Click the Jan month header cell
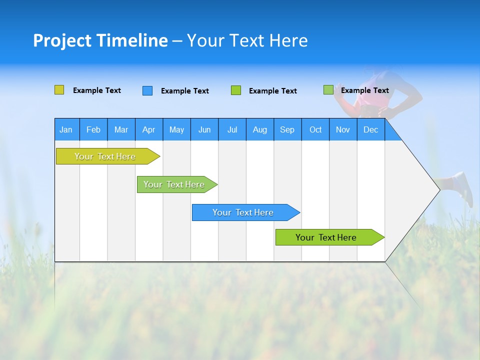(x=66, y=129)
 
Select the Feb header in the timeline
(x=93, y=129)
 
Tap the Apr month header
(x=148, y=129)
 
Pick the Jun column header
(x=204, y=129)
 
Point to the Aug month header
(x=259, y=129)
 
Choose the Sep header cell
(x=287, y=129)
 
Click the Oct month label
(x=315, y=129)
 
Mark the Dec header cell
(x=370, y=129)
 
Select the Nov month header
(x=343, y=129)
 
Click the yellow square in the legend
(x=59, y=90)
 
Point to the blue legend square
(x=147, y=90)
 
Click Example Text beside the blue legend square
(x=184, y=91)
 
